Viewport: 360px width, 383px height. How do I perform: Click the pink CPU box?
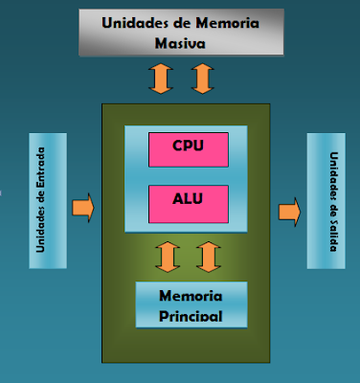(x=188, y=147)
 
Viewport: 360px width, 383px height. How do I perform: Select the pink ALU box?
(x=188, y=201)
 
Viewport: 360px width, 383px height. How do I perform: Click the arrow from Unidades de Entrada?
(x=83, y=207)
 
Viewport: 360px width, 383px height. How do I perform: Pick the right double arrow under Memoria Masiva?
(x=200, y=78)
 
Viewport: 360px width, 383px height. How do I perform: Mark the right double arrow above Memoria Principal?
(x=208, y=256)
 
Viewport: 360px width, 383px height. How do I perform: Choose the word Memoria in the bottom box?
(x=191, y=296)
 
